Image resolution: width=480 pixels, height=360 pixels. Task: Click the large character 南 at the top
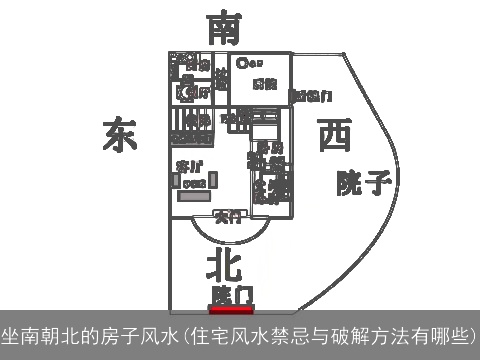coord(223,28)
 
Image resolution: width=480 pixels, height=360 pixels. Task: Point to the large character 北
coord(224,266)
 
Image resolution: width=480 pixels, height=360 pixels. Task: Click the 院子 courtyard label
coord(363,182)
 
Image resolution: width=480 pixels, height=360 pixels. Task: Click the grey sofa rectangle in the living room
coord(195,194)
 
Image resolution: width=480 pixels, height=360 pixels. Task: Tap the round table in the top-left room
coord(185,92)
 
